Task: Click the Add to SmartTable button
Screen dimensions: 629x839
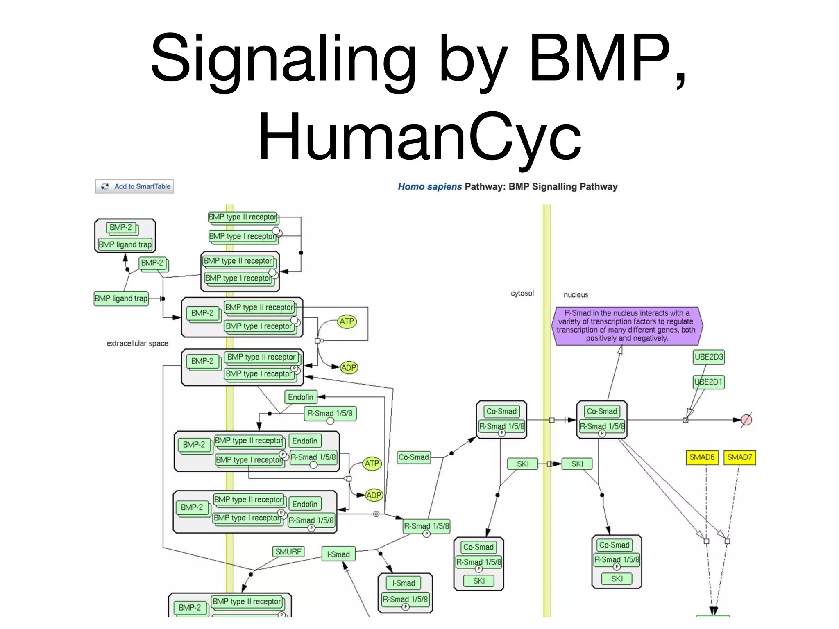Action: pyautogui.click(x=134, y=186)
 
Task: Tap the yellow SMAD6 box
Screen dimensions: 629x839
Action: pyautogui.click(x=701, y=457)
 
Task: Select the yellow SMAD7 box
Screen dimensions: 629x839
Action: pyautogui.click(x=739, y=457)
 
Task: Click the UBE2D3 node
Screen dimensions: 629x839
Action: pyautogui.click(x=708, y=357)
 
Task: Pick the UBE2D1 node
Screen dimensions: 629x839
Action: pyautogui.click(x=708, y=382)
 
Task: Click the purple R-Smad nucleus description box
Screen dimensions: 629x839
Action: pyautogui.click(x=627, y=326)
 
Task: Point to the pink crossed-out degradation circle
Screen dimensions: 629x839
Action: pyautogui.click(x=746, y=420)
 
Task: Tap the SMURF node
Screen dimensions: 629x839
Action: pyautogui.click(x=288, y=552)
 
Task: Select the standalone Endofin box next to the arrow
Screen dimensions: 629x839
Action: pyautogui.click(x=301, y=397)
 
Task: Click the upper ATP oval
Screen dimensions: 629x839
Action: pyautogui.click(x=347, y=321)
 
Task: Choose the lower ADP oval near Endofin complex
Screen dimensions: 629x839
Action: pyautogui.click(x=373, y=495)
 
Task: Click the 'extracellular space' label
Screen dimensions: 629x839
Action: pyautogui.click(x=137, y=344)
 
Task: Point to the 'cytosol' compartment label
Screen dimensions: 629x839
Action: pyautogui.click(x=522, y=293)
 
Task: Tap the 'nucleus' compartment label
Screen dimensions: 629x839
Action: pyautogui.click(x=575, y=295)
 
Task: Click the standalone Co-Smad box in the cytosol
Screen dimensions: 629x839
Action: pyautogui.click(x=413, y=457)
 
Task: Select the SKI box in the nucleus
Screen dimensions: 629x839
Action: pyautogui.click(x=577, y=464)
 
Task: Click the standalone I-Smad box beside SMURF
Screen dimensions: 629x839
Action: pyautogui.click(x=338, y=554)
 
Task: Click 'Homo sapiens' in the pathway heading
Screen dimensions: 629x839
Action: pyautogui.click(x=429, y=187)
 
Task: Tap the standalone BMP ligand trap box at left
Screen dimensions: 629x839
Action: pyautogui.click(x=121, y=299)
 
